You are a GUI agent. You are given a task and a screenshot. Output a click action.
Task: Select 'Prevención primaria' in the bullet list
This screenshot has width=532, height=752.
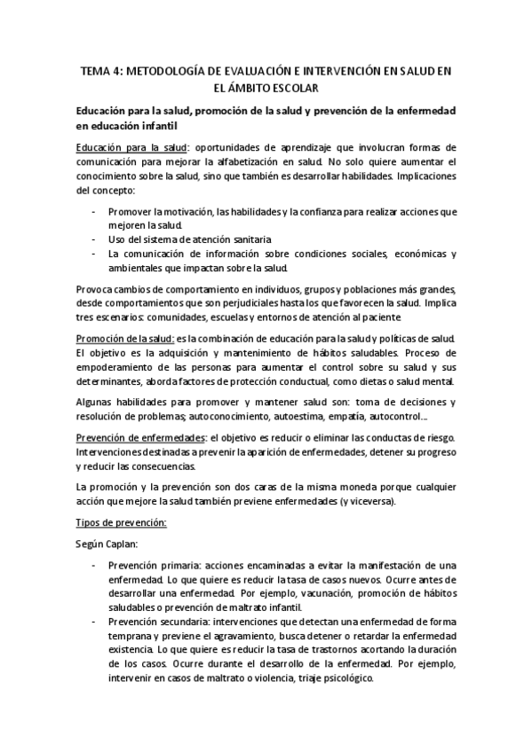tap(147, 566)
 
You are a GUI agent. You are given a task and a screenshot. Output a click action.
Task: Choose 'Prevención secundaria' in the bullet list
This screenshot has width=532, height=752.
tap(153, 623)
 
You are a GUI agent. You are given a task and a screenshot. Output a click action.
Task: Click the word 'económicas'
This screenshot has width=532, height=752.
tap(413, 254)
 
